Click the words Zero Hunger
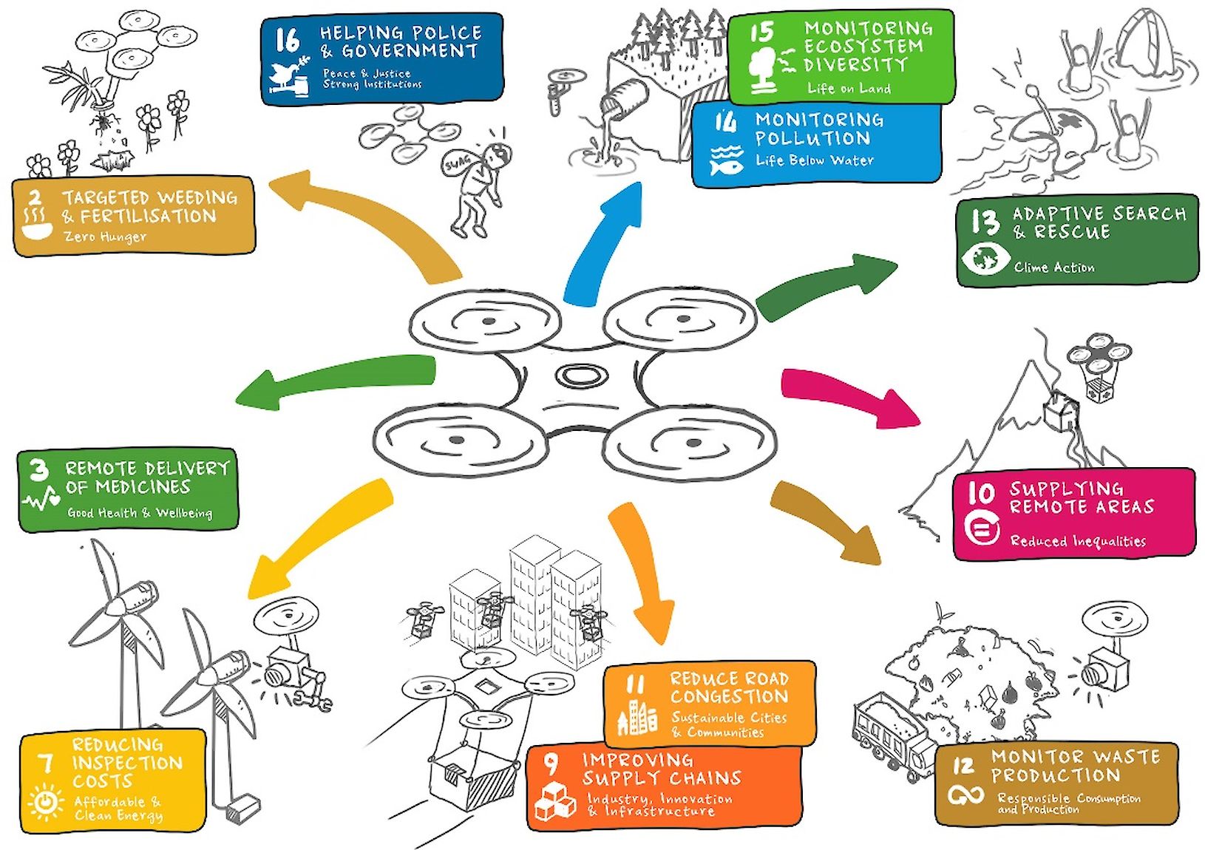click(x=105, y=237)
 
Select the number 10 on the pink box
click(x=981, y=492)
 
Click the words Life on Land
click(x=849, y=89)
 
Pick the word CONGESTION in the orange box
click(x=729, y=696)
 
